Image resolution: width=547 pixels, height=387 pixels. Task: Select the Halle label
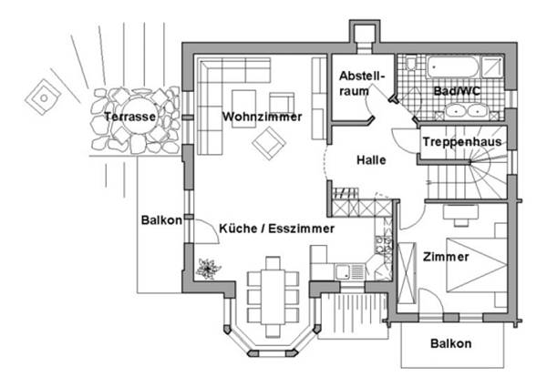click(x=371, y=160)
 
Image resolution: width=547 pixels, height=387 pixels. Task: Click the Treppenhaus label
click(x=462, y=143)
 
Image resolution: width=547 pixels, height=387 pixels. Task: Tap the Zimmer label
click(x=446, y=258)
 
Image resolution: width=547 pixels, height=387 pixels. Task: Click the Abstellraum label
click(x=355, y=85)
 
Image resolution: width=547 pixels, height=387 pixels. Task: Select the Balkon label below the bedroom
click(x=451, y=343)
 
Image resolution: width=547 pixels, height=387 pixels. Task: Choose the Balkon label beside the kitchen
click(x=161, y=220)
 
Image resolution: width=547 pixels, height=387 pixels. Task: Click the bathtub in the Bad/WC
click(x=453, y=66)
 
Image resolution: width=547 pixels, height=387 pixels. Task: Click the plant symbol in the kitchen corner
click(x=208, y=269)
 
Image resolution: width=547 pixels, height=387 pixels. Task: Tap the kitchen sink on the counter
click(x=345, y=270)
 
